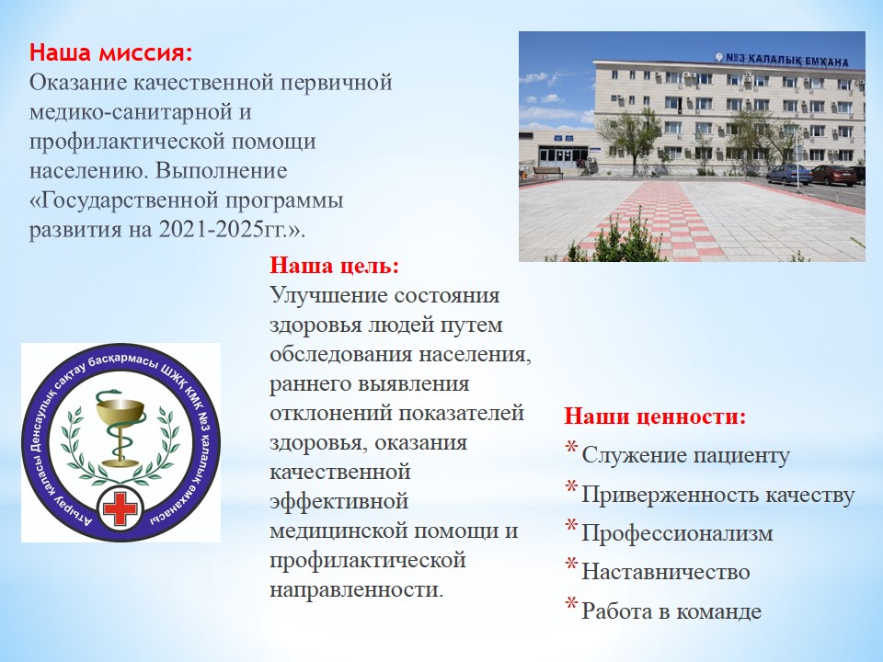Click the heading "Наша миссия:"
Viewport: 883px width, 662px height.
[x=111, y=53]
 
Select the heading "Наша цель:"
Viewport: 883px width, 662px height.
[x=334, y=265]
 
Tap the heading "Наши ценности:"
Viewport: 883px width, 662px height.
[x=655, y=417]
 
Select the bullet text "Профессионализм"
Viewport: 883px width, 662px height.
[x=677, y=533]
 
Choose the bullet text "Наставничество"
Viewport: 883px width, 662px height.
[x=665, y=572]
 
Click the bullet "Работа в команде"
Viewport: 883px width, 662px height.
[x=671, y=611]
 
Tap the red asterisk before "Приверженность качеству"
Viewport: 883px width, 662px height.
[x=571, y=486]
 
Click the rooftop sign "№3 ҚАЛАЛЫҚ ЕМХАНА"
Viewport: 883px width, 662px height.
[x=782, y=59]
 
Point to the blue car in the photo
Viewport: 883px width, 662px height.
[x=788, y=174]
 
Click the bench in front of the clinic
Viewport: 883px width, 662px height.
[x=547, y=172]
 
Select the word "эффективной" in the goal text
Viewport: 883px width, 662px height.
[x=338, y=501]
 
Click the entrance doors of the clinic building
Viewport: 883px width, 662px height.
[x=557, y=155]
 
